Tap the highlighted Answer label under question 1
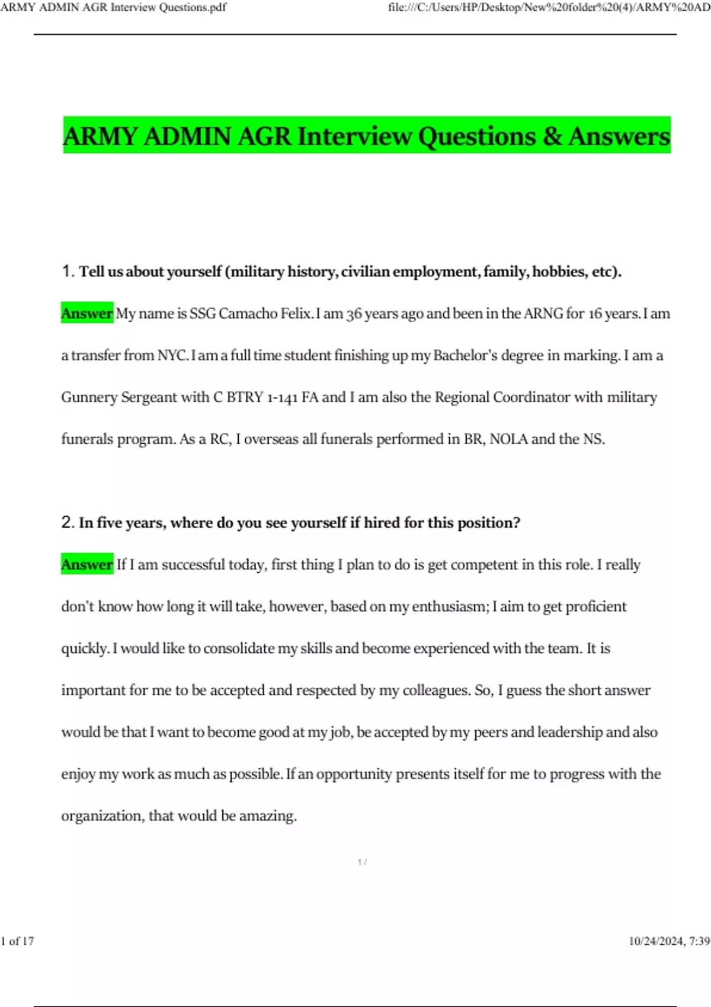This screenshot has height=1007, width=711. pyautogui.click(x=87, y=313)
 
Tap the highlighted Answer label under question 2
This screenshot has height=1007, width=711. pyautogui.click(x=87, y=565)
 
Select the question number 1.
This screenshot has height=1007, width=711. pyautogui.click(x=66, y=271)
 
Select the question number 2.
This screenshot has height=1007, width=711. pyautogui.click(x=66, y=522)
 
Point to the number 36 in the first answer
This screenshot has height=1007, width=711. pyautogui.click(x=354, y=313)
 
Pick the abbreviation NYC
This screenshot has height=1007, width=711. pyautogui.click(x=172, y=355)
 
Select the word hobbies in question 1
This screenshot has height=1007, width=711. pyautogui.click(x=559, y=271)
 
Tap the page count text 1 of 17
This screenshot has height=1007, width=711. pyautogui.click(x=18, y=941)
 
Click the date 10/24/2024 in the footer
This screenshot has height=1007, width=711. pyautogui.click(x=656, y=941)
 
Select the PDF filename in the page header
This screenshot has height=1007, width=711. pyautogui.click(x=113, y=8)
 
